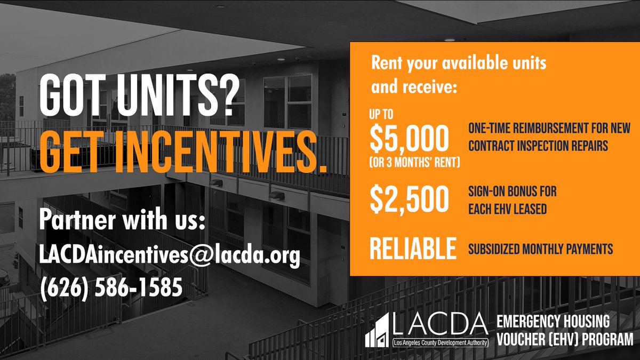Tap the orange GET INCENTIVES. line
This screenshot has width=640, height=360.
click(x=182, y=154)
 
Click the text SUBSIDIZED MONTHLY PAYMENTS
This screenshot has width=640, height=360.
click(x=541, y=249)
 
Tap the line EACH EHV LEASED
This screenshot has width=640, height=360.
click(x=507, y=209)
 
